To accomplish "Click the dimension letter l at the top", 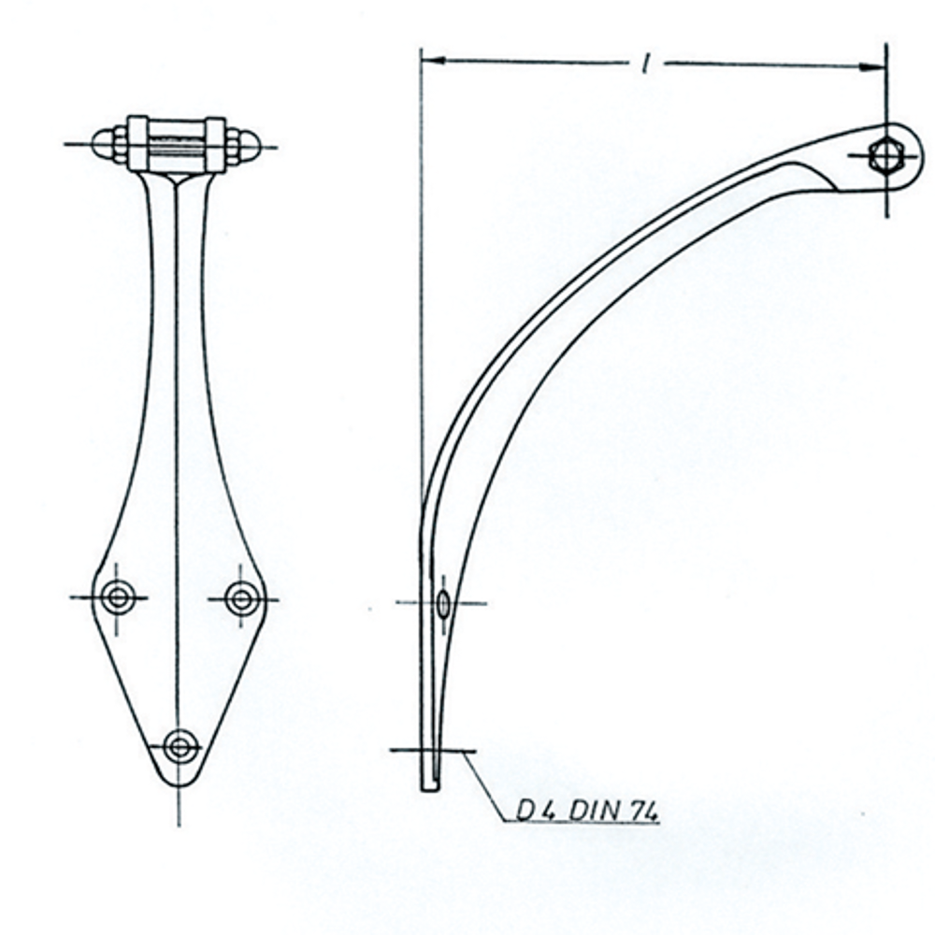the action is tap(644, 64).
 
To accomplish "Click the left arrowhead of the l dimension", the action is tap(434, 60).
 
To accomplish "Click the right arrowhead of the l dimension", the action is tap(872, 66).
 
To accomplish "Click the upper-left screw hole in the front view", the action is tap(118, 597).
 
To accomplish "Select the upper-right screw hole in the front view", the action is tap(242, 599).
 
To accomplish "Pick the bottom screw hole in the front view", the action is tap(180, 746).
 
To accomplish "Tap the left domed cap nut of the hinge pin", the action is tap(103, 144).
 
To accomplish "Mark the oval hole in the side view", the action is tap(443, 603).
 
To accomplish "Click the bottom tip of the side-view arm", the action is tap(429, 789).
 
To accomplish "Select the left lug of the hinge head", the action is tap(137, 144).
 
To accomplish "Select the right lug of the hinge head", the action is tap(216, 145).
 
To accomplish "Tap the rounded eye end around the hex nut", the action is tap(913, 156).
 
